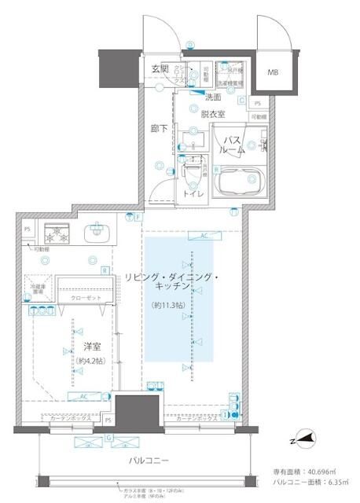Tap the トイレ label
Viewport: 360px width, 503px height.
194,193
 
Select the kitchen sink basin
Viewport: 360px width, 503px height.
97,231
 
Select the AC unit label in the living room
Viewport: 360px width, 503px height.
204,236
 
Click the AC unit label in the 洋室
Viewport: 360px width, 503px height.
83,396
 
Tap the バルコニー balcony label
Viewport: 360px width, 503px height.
149,460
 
